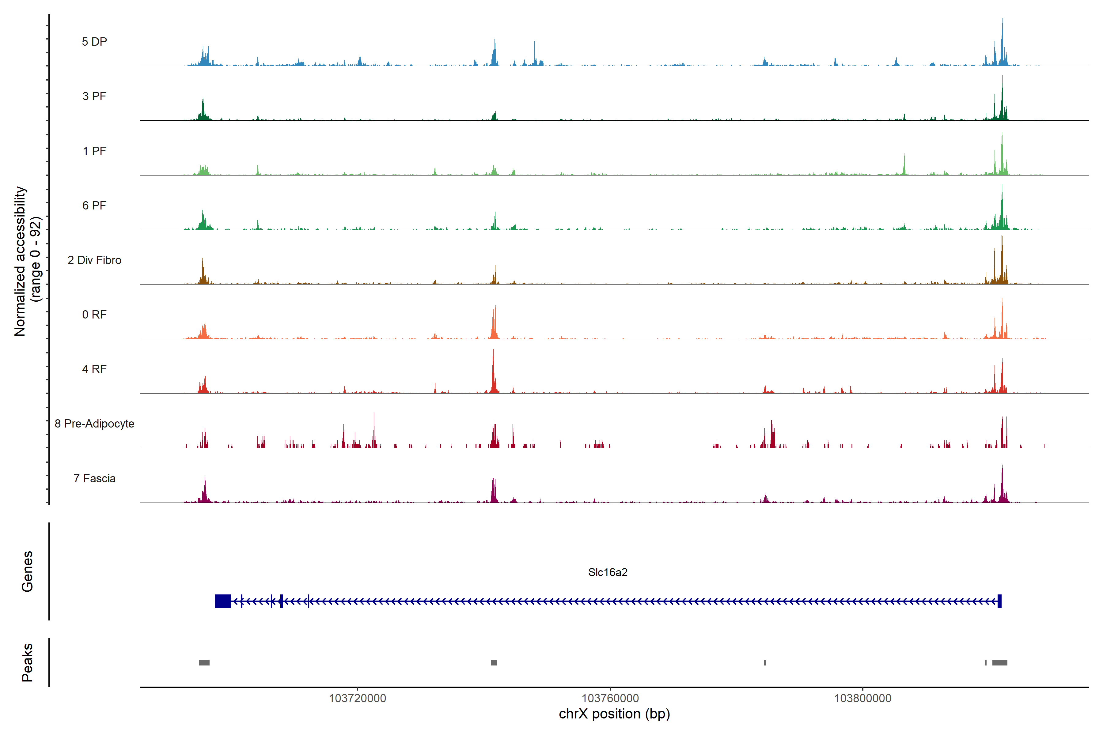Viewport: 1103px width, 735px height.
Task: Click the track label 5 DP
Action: [x=94, y=42]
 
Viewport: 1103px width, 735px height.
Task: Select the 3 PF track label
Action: [x=94, y=96]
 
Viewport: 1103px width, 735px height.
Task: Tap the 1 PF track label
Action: [x=94, y=151]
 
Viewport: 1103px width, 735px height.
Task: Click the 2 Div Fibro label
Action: [x=94, y=260]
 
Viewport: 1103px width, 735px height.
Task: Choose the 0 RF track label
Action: [x=94, y=315]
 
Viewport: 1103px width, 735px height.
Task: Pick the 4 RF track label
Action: [x=94, y=369]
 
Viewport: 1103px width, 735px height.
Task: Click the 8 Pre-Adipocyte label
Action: [x=94, y=424]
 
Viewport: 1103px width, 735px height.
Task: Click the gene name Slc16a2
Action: [x=608, y=572]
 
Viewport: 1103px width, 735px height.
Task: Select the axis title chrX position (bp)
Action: [x=614, y=714]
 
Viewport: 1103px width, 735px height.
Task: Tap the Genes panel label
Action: [x=27, y=571]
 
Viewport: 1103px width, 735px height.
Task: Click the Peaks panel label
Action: [x=27, y=662]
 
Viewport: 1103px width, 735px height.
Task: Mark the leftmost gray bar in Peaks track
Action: [x=204, y=663]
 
